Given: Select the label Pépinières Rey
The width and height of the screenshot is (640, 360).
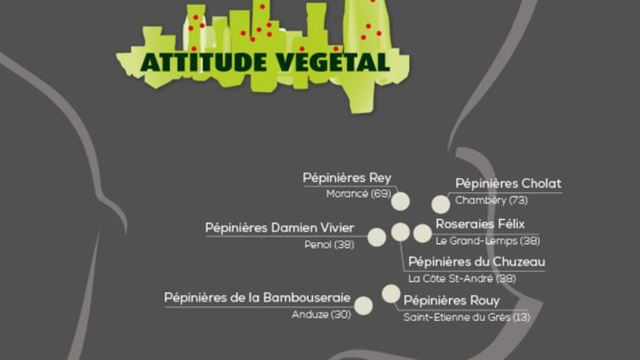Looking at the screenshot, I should click(x=347, y=178).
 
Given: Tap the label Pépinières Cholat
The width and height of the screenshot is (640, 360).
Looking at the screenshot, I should click(x=508, y=184).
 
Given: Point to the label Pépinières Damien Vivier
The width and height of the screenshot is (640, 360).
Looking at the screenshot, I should click(x=279, y=228).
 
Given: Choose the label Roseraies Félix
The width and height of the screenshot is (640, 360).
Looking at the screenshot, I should click(x=480, y=225).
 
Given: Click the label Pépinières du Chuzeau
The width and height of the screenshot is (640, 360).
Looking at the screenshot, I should click(x=476, y=262).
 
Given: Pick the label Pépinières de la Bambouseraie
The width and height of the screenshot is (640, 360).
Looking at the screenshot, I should click(x=257, y=298).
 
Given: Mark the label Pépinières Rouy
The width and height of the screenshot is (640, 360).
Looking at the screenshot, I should click(x=452, y=301).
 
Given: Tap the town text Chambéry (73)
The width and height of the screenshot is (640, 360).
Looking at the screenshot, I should click(x=492, y=199).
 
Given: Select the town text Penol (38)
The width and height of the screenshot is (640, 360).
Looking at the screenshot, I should click(x=329, y=244).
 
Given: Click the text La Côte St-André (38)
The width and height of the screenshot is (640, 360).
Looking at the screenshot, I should click(x=462, y=277).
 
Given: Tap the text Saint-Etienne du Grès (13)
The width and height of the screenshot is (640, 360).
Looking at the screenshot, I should click(x=467, y=316).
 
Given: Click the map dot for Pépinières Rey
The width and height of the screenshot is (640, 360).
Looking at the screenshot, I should click(x=401, y=200).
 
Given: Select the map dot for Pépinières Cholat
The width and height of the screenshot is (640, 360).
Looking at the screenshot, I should click(x=441, y=204).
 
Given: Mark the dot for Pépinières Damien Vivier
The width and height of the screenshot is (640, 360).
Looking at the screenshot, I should click(x=377, y=236).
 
